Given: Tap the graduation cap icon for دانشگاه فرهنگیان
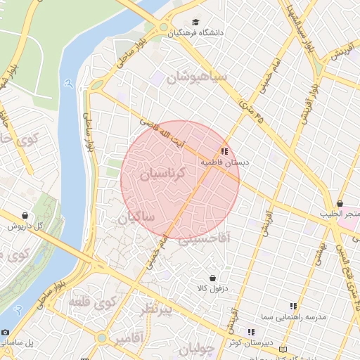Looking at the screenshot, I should [195, 22].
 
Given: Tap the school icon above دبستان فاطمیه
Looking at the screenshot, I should [224, 151].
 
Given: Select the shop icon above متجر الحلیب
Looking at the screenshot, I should [340, 203].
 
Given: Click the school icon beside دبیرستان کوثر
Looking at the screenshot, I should [250, 332].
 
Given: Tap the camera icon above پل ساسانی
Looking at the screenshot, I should [6, 332].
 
